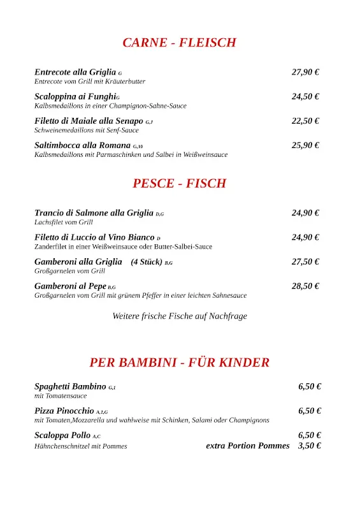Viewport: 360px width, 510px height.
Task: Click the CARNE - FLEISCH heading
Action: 179,43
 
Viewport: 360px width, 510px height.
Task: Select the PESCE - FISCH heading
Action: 179,184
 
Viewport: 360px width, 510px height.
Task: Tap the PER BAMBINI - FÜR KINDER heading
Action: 179,363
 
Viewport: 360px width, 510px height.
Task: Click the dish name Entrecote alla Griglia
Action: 75,72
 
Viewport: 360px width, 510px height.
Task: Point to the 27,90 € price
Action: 305,72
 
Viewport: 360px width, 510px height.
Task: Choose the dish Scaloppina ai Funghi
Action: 75,96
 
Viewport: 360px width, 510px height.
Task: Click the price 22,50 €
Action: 305,120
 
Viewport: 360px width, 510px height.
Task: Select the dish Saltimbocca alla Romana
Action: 82,145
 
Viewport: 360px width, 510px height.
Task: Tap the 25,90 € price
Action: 305,145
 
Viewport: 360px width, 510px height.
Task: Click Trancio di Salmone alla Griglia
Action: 94,213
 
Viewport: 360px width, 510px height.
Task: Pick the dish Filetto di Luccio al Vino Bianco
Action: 94,237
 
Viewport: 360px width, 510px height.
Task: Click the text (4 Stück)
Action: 146,261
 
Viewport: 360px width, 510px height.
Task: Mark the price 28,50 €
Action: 305,286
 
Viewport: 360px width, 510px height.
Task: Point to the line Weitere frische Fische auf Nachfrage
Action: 180,316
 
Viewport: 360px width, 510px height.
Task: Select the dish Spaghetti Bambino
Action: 70,386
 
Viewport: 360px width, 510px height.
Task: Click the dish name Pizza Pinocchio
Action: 64,411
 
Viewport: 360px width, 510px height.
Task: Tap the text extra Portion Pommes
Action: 247,446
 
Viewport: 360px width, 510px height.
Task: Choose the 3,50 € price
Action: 309,446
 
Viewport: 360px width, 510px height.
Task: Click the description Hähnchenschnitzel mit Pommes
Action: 80,446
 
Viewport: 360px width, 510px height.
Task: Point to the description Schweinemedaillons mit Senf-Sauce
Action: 86,130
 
